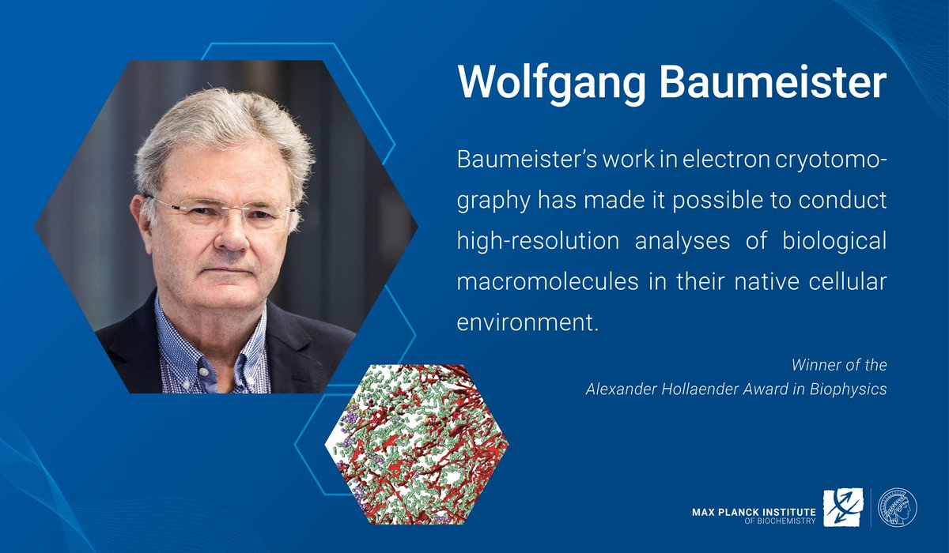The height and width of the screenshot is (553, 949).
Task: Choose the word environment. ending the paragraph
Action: point(526,322)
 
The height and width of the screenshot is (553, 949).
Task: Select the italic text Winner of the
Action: point(839,366)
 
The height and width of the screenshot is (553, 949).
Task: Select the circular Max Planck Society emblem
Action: point(898,507)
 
